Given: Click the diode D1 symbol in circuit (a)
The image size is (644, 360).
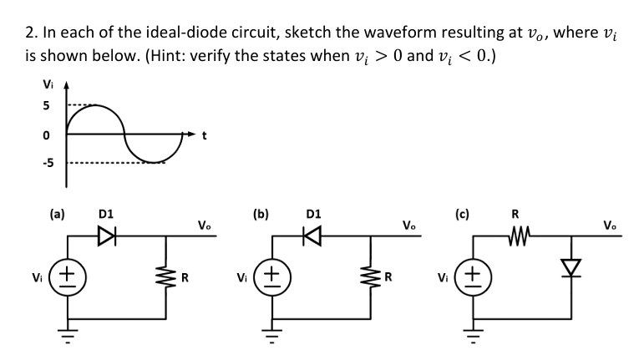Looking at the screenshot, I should click(x=106, y=236).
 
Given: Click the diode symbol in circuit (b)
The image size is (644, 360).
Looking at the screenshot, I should click(x=311, y=236).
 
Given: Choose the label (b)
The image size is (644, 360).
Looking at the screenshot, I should click(x=261, y=213).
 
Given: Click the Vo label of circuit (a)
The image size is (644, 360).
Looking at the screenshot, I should click(x=205, y=225).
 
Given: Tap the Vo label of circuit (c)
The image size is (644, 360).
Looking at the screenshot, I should click(x=612, y=225).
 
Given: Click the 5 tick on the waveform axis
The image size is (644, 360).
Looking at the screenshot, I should click(x=48, y=106).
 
